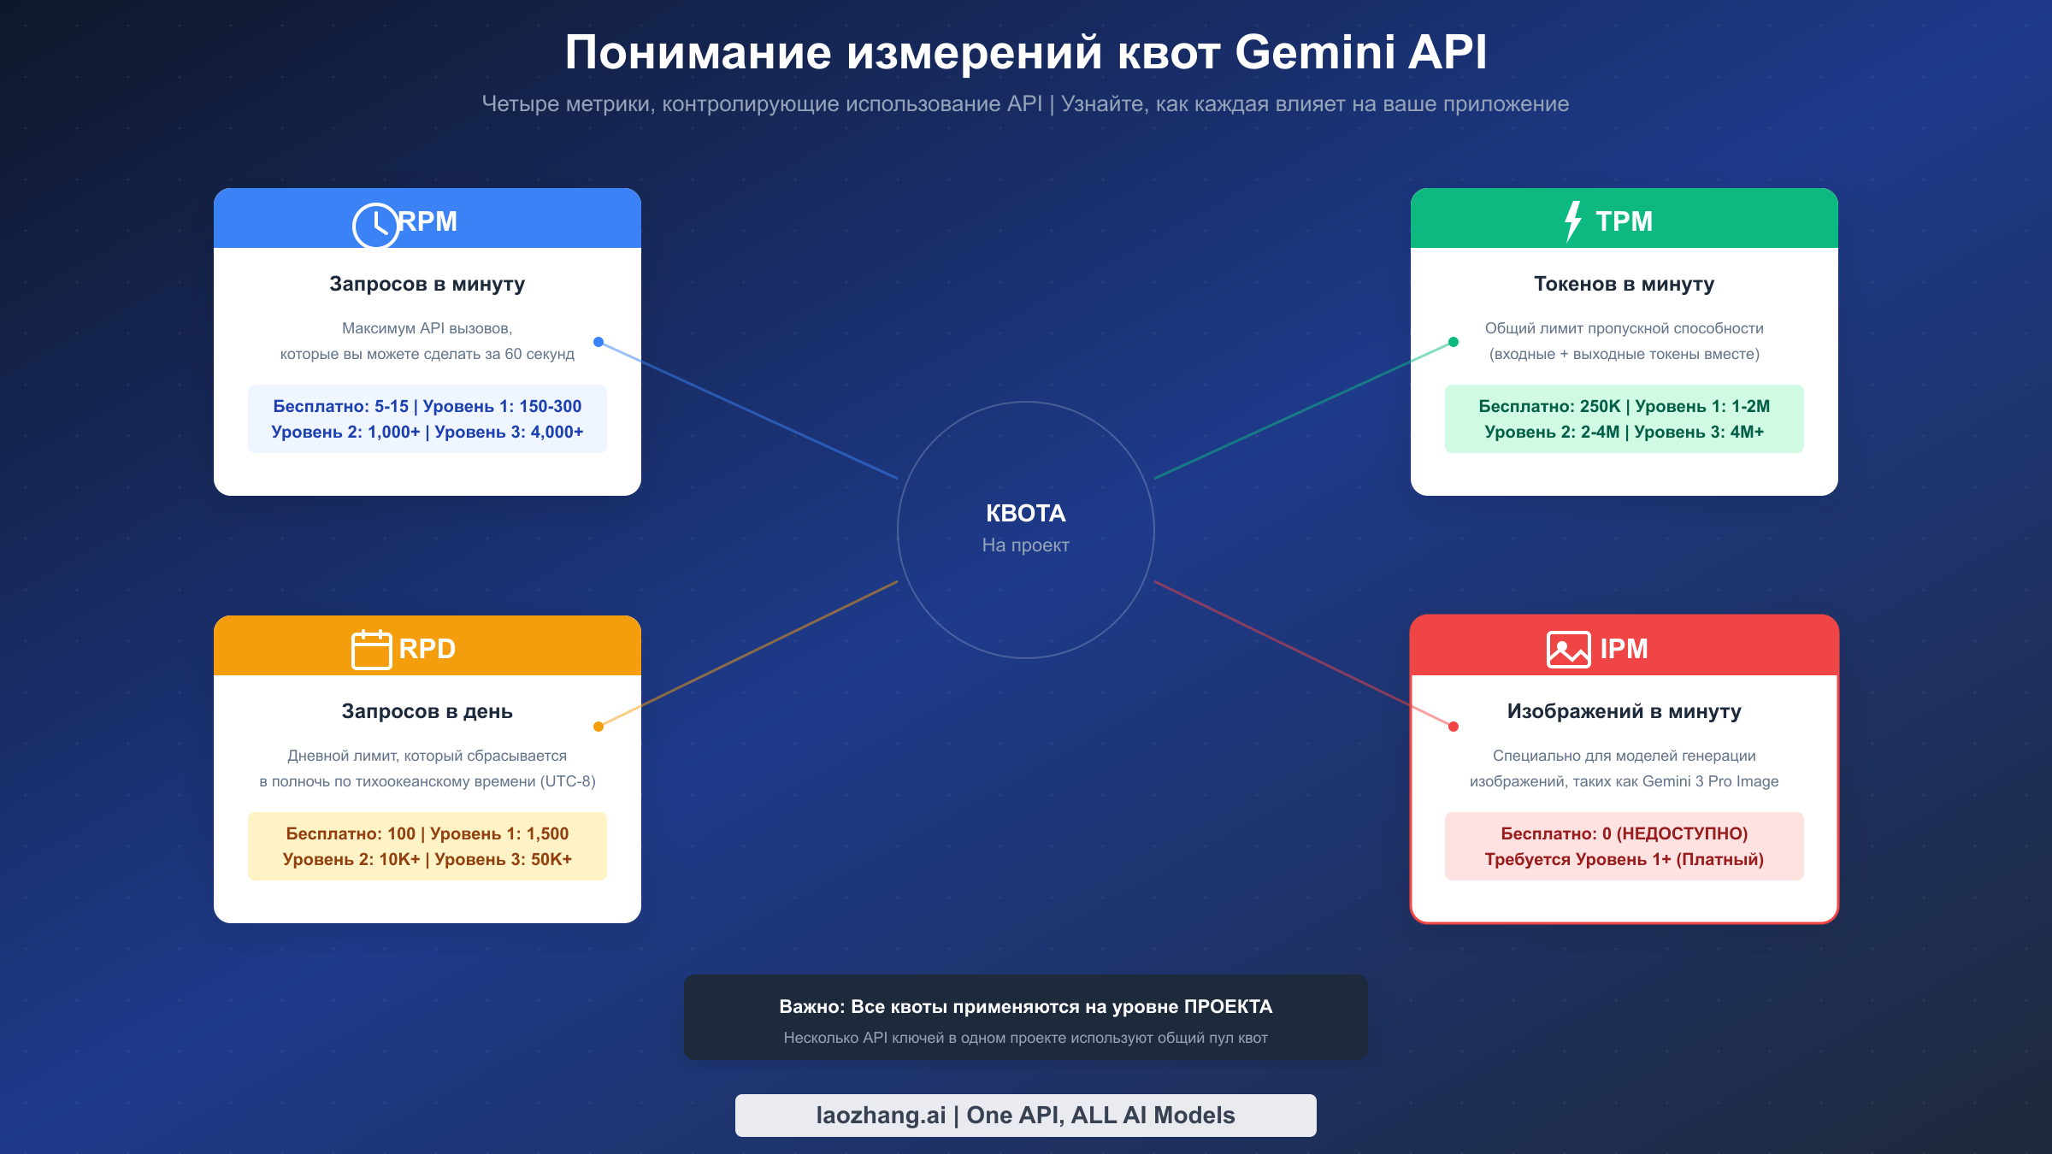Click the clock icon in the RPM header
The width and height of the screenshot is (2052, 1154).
pyautogui.click(x=375, y=226)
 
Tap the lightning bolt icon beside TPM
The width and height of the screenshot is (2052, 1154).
pyautogui.click(x=1572, y=221)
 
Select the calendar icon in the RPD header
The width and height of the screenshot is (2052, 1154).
pyautogui.click(x=372, y=650)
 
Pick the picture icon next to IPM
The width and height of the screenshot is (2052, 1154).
pyautogui.click(x=1568, y=650)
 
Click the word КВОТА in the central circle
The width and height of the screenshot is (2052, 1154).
pyautogui.click(x=1025, y=513)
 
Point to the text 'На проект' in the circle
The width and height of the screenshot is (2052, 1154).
pyautogui.click(x=1025, y=545)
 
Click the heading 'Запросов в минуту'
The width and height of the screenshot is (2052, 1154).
pyautogui.click(x=427, y=284)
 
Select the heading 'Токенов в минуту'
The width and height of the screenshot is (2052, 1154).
pyautogui.click(x=1624, y=284)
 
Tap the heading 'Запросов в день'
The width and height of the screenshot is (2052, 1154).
pyautogui.click(x=427, y=711)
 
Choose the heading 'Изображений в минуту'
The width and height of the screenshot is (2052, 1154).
pyautogui.click(x=1624, y=711)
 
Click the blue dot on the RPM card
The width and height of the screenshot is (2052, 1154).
pyautogui.click(x=598, y=342)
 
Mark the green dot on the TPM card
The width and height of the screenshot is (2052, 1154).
pyautogui.click(x=1453, y=342)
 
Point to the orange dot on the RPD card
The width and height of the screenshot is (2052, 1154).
pyautogui.click(x=598, y=727)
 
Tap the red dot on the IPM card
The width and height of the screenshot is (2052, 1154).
pyautogui.click(x=1453, y=727)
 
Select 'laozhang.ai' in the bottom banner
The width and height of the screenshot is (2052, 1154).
pyautogui.click(x=881, y=1116)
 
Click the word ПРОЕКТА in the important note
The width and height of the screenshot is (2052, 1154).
pyautogui.click(x=1228, y=1007)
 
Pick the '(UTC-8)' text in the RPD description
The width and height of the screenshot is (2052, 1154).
pyautogui.click(x=568, y=781)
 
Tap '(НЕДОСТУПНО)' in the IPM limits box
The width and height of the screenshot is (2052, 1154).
pyautogui.click(x=1682, y=833)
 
